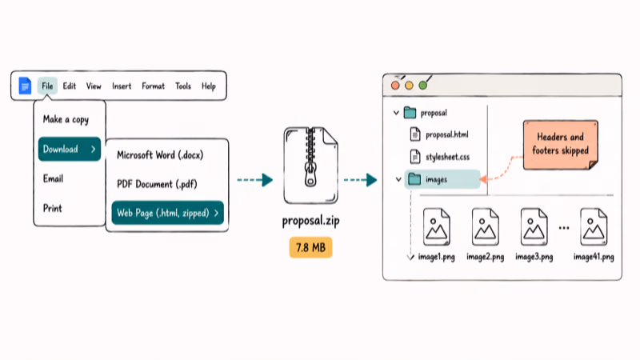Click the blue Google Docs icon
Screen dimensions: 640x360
pos(25,86)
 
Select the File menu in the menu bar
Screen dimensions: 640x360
pos(47,86)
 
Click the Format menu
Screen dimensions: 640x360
pos(153,86)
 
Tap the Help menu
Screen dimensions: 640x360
pos(209,86)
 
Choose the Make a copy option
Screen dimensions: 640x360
pos(66,119)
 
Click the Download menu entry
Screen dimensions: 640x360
pos(70,149)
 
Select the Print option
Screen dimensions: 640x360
pos(53,208)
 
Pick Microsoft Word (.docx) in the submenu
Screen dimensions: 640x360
pos(160,155)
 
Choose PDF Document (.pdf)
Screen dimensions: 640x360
pos(157,184)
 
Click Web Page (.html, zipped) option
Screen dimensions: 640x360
pos(168,213)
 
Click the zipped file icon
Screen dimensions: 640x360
pos(310,166)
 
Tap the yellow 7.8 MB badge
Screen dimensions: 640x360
pos(310,247)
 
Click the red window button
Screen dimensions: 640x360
pos(395,86)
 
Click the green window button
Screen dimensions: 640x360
pos(423,86)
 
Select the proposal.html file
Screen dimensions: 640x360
pos(439,134)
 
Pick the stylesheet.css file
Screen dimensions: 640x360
pos(439,157)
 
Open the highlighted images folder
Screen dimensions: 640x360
pos(442,179)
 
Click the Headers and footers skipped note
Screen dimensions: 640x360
pos(561,145)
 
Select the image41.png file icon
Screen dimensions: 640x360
pos(594,227)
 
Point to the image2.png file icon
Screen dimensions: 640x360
pos(486,227)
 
